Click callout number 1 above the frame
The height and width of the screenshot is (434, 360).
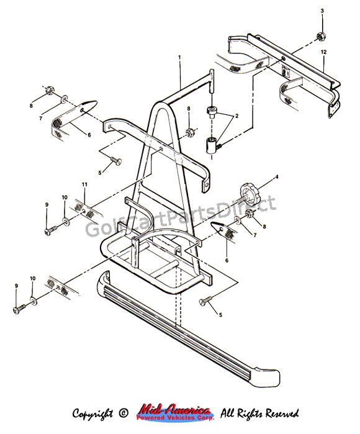(x=179, y=58)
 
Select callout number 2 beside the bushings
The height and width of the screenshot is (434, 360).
(x=235, y=116)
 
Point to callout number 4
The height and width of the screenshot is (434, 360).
(x=276, y=178)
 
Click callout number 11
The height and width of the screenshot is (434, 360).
(x=85, y=185)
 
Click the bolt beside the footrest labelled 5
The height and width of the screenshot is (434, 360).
(x=204, y=302)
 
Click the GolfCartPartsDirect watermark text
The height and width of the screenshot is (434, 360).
(x=180, y=221)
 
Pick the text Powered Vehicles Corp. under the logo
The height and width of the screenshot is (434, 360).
(x=174, y=418)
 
